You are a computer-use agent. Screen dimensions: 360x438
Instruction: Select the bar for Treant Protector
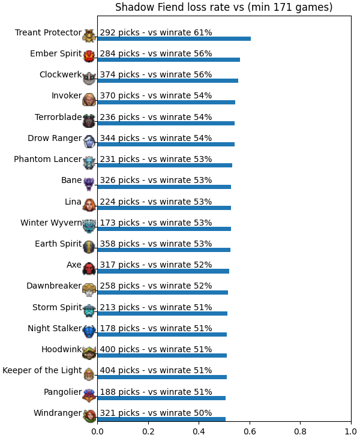pyautogui.click(x=174, y=38)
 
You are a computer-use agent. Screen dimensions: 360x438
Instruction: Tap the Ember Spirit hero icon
pyautogui.click(x=89, y=56)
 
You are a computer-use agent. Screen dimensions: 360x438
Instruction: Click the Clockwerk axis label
pyautogui.click(x=61, y=74)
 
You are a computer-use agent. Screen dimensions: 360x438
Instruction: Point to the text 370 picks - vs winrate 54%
pyautogui.click(x=156, y=95)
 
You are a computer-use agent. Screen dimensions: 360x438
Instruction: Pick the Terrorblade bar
pyautogui.click(x=166, y=123)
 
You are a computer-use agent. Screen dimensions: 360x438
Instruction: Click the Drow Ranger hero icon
pyautogui.click(x=89, y=142)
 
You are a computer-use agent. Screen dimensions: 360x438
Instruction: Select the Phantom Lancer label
pyautogui.click(x=48, y=159)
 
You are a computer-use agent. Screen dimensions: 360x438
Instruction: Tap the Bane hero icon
pyautogui.click(x=89, y=184)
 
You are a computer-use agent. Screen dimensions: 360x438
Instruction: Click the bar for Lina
pyautogui.click(x=164, y=208)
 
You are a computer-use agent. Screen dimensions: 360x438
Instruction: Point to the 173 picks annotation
pyautogui.click(x=156, y=223)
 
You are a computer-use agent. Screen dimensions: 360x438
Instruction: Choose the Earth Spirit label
pyautogui.click(x=58, y=244)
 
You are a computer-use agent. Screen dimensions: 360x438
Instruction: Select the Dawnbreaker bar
pyautogui.click(x=163, y=292)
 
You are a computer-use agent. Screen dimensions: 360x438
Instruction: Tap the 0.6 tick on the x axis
pyautogui.click(x=250, y=431)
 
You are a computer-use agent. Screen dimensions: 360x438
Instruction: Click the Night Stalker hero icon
pyautogui.click(x=89, y=332)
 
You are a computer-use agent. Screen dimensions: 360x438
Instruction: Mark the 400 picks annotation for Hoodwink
pyautogui.click(x=156, y=349)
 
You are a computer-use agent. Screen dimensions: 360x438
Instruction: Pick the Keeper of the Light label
pyautogui.click(x=42, y=370)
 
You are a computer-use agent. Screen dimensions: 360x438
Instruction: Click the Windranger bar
pyautogui.click(x=161, y=419)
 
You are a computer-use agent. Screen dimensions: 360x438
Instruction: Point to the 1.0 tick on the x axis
pyautogui.click(x=351, y=431)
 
